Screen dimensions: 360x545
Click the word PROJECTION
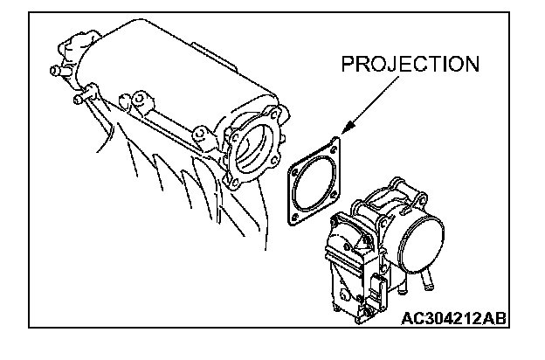(410, 66)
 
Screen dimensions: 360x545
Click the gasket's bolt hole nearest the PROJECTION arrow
(335, 147)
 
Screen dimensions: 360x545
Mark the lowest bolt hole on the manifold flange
(234, 182)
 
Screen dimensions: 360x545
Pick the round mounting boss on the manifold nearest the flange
(199, 135)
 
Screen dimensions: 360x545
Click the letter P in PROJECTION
(348, 66)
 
